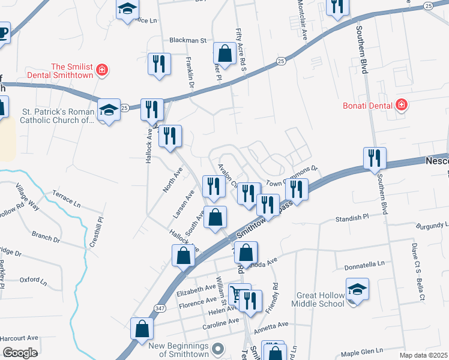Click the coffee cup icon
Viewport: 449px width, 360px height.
(x=2, y=32)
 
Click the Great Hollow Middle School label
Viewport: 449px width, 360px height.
(x=321, y=299)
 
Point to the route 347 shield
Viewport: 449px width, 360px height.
(x=159, y=308)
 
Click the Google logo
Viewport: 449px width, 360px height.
(x=19, y=353)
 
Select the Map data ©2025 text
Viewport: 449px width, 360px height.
(x=423, y=355)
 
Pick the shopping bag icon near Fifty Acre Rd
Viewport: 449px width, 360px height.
(x=224, y=53)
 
